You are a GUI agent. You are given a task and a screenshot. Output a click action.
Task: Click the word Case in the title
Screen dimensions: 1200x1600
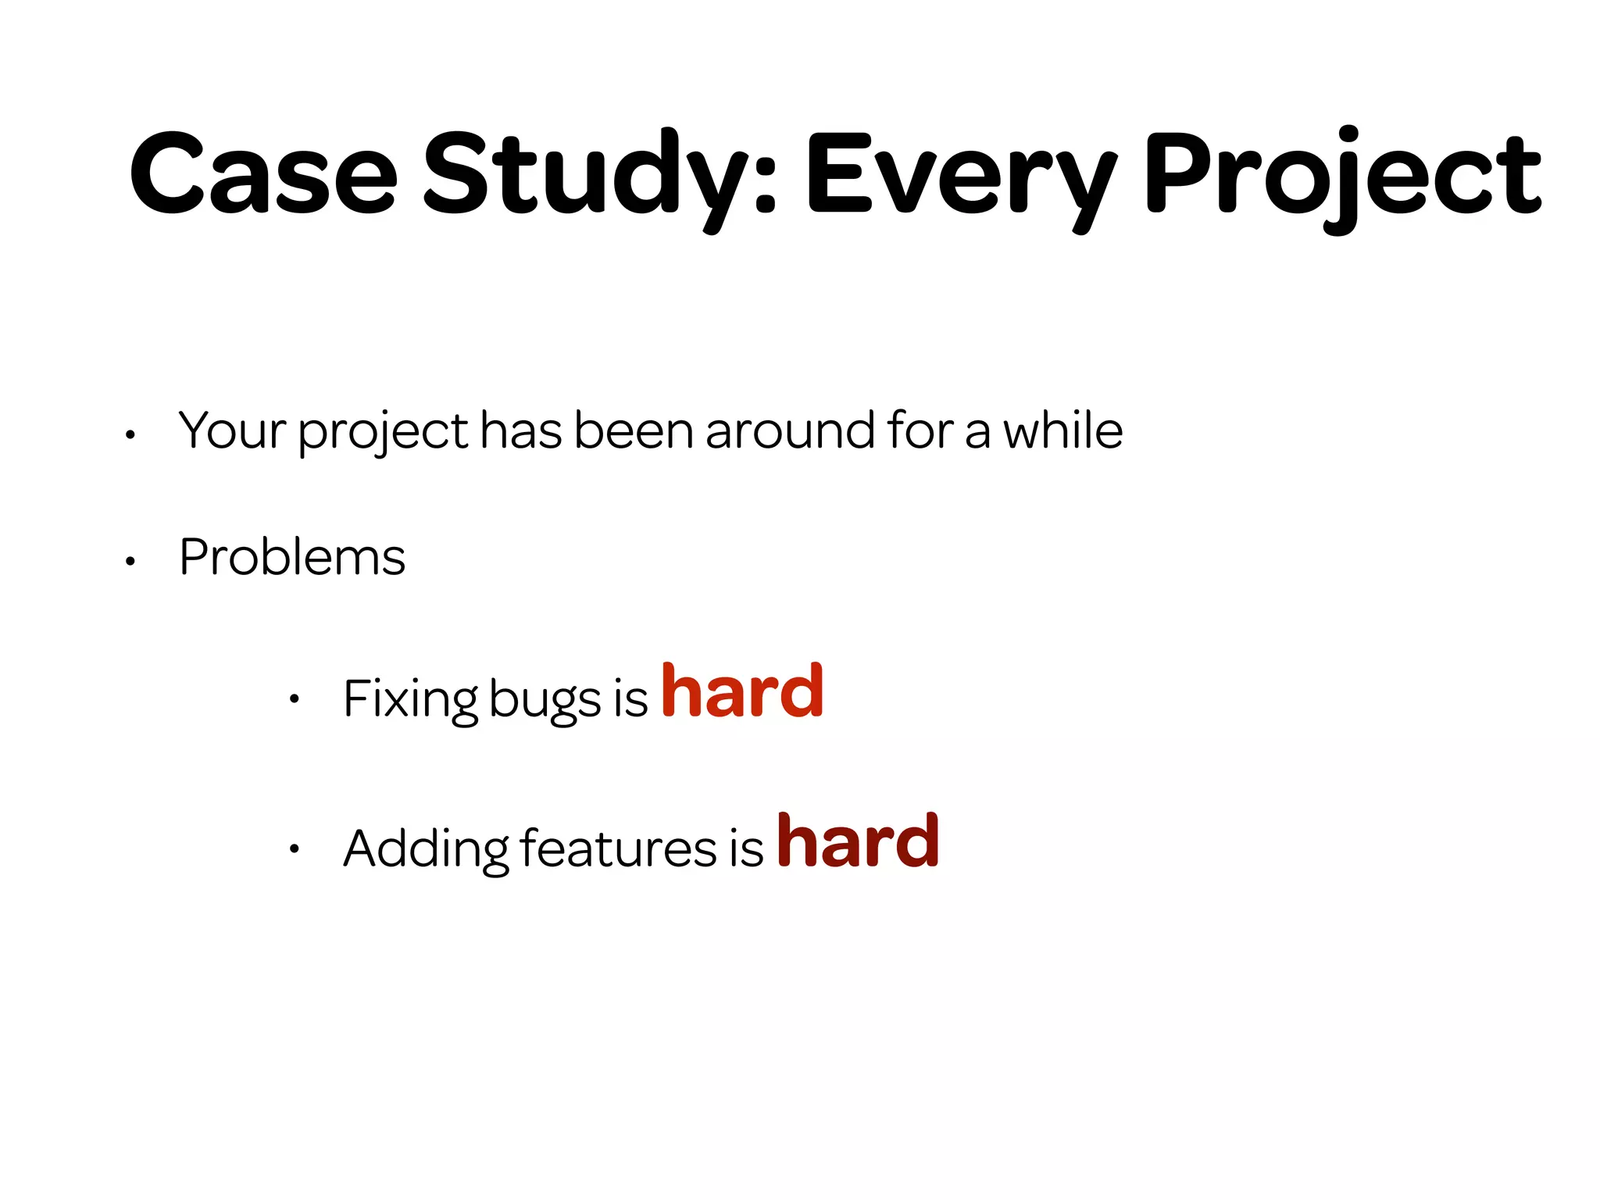coord(264,174)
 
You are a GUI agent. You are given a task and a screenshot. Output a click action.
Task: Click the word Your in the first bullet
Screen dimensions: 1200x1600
coord(232,430)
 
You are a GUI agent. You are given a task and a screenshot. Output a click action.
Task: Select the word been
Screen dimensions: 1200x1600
coord(634,430)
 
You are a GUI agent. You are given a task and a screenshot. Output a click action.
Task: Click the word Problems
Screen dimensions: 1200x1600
coord(292,557)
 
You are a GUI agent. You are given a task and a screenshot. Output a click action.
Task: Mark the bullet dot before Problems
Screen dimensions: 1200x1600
coord(130,561)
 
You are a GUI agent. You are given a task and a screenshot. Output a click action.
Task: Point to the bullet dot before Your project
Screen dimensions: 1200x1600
coord(130,435)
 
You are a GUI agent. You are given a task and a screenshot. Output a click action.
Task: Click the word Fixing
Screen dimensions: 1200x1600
coord(410,698)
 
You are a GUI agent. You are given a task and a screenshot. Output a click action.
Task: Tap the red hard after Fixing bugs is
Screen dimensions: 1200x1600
coord(742,691)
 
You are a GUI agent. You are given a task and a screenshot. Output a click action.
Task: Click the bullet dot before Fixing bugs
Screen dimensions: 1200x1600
coord(294,699)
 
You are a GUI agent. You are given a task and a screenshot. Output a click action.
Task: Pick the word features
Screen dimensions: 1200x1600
coord(617,848)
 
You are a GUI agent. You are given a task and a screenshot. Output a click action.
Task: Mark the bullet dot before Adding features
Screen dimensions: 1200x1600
coord(294,849)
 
